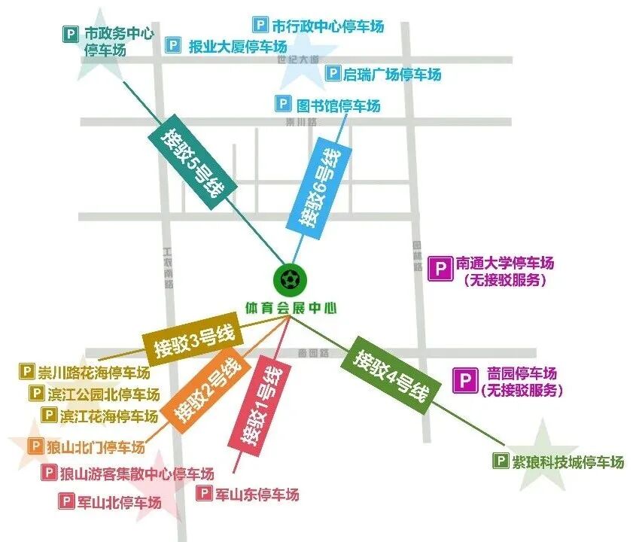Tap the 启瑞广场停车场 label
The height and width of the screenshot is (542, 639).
(x=391, y=74)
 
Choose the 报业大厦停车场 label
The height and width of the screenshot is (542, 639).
(x=233, y=47)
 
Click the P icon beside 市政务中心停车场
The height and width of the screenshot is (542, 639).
(x=70, y=33)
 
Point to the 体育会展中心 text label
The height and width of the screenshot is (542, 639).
(x=290, y=308)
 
